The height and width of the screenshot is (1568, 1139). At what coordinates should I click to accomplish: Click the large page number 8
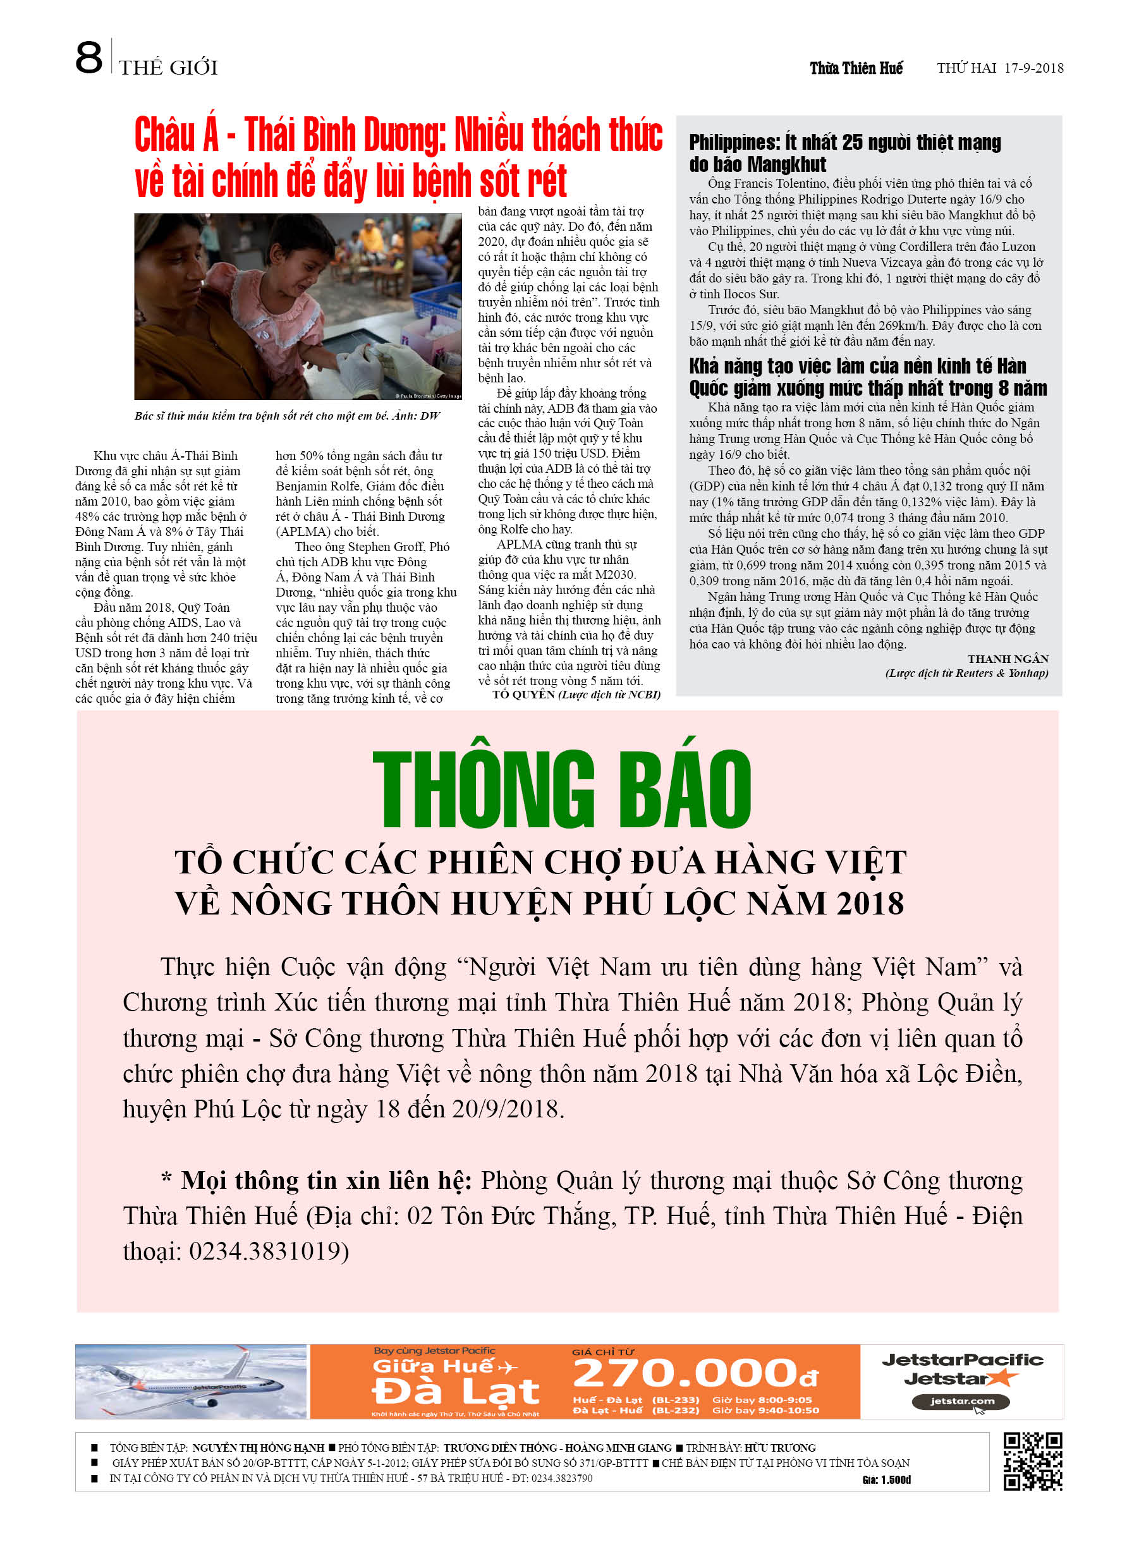[x=88, y=58]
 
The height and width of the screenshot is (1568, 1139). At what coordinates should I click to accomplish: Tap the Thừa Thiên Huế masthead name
[x=856, y=68]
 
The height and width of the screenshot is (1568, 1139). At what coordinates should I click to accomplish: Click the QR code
[x=1033, y=1461]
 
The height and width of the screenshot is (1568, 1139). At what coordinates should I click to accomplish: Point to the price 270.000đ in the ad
[x=695, y=1372]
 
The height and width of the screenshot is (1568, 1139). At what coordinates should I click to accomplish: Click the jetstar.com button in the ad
[x=961, y=1401]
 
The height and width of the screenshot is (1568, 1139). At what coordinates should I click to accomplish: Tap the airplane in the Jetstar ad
[x=186, y=1382]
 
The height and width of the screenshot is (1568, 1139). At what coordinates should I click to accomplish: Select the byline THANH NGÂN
[x=1008, y=658]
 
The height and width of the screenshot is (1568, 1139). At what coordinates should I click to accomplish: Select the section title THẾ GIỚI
[x=168, y=68]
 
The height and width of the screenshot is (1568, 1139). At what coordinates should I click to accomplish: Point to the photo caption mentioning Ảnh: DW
[x=287, y=415]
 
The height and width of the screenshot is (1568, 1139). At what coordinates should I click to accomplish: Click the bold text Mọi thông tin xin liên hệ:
[x=326, y=1180]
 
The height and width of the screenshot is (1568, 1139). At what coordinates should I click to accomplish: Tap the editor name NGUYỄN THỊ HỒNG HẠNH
[x=257, y=1447]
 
